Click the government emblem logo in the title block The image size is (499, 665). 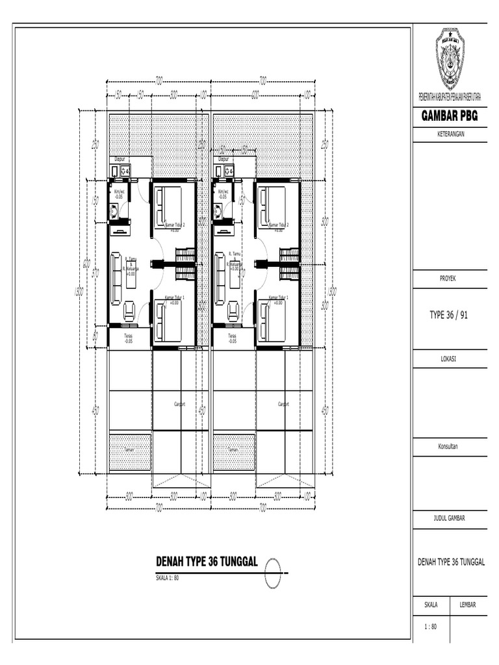[449, 59]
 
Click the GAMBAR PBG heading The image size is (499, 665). [450, 116]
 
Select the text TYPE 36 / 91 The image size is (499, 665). [450, 315]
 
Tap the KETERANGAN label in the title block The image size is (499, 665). [450, 134]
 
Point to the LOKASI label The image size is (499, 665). [450, 357]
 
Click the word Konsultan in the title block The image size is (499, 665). [450, 446]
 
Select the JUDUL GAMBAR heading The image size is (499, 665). [450, 518]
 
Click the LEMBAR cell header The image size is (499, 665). [468, 605]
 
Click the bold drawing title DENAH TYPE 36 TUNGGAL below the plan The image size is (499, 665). [207, 562]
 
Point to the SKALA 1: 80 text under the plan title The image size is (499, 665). [167, 577]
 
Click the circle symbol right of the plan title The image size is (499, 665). [274, 572]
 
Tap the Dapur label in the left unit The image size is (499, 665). [119, 158]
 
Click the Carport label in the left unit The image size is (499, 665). [179, 403]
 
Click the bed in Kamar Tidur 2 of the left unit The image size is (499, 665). [168, 206]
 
